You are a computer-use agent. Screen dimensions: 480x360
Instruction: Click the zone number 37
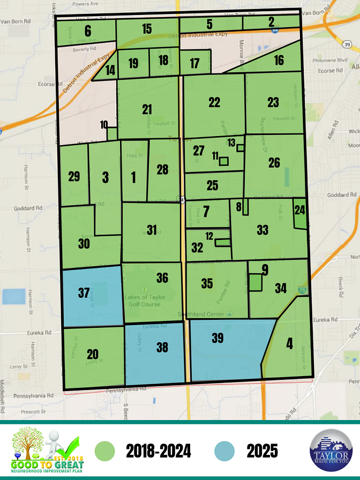pos(84,293)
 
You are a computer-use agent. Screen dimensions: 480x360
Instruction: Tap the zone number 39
pos(217,338)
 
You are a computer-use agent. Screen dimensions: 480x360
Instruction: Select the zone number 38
pos(162,347)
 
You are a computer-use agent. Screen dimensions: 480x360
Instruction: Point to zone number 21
pos(147,109)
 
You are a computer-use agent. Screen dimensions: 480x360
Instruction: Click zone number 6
pos(87,31)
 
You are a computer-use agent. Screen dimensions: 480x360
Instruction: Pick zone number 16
pos(279,60)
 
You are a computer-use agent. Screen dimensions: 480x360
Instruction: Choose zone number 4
pos(289,343)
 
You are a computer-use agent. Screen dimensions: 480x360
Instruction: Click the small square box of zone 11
pos(223,161)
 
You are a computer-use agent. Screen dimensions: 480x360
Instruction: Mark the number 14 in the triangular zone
pos(110,70)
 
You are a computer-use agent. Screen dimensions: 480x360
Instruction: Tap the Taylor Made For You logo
pos(331,451)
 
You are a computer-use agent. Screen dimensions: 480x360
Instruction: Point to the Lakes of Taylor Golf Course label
pos(145,301)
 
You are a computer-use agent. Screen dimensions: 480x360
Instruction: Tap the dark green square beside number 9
pos(255,282)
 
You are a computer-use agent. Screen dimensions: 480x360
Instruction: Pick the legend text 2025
pos(262,452)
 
